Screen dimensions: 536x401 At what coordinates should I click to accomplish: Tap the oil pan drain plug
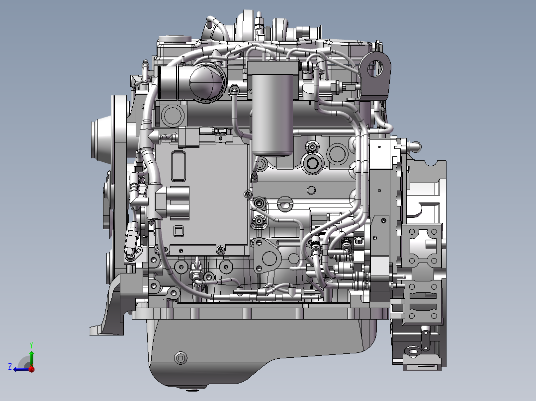tap(180, 358)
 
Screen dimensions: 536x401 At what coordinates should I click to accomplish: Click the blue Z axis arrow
tap(21, 369)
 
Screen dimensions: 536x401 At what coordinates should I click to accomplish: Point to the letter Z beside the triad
tap(10, 367)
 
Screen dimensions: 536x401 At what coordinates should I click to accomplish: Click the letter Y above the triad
tap(31, 345)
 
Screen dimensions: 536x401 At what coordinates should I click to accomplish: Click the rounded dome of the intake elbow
tap(206, 82)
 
